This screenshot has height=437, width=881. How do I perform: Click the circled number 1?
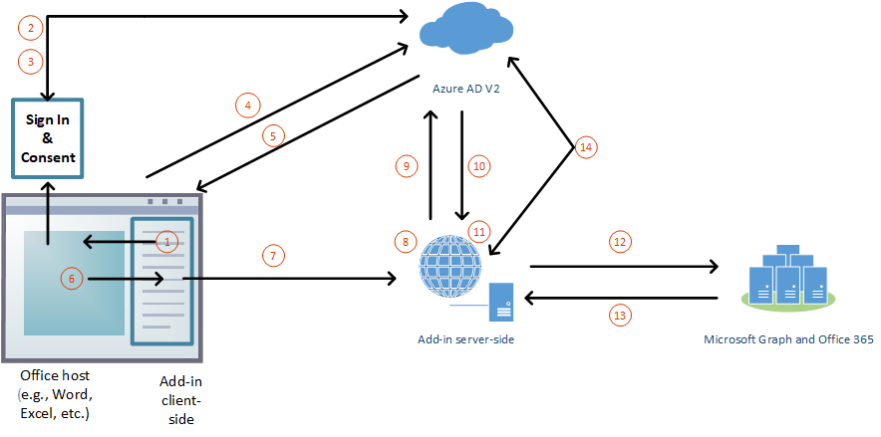pos(168,241)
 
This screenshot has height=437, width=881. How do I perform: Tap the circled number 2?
pos(31,28)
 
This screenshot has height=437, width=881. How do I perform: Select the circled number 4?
pos(247,104)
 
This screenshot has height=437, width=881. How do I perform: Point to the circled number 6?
pos(71,279)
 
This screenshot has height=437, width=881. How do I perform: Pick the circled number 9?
pos(406,167)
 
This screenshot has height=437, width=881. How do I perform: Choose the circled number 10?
pos(478,166)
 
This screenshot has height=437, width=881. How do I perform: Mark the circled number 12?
pos(620,241)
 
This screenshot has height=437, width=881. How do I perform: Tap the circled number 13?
pos(620,315)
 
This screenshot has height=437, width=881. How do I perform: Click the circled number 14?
pos(586,147)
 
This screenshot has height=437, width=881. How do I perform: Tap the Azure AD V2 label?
pos(465,89)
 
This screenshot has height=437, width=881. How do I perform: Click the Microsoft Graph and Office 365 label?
pos(788,339)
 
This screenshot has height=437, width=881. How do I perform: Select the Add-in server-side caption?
pos(465,339)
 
